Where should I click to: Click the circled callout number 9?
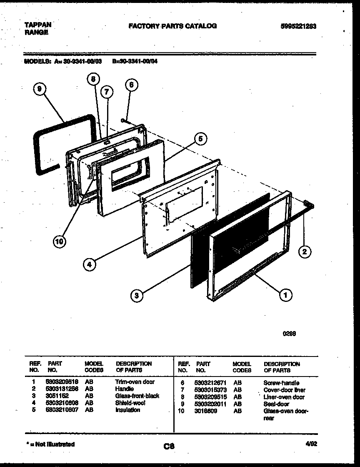[x=40, y=89]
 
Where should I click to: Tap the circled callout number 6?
[x=131, y=85]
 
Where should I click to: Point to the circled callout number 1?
[x=285, y=295]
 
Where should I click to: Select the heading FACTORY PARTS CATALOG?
[x=172, y=26]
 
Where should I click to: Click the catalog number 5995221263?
[x=298, y=26]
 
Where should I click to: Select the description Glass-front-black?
[x=137, y=396]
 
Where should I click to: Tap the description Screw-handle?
[x=281, y=383]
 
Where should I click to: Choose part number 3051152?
[x=57, y=396]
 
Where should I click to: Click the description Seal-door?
[x=276, y=404]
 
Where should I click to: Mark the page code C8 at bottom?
[x=169, y=447]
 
